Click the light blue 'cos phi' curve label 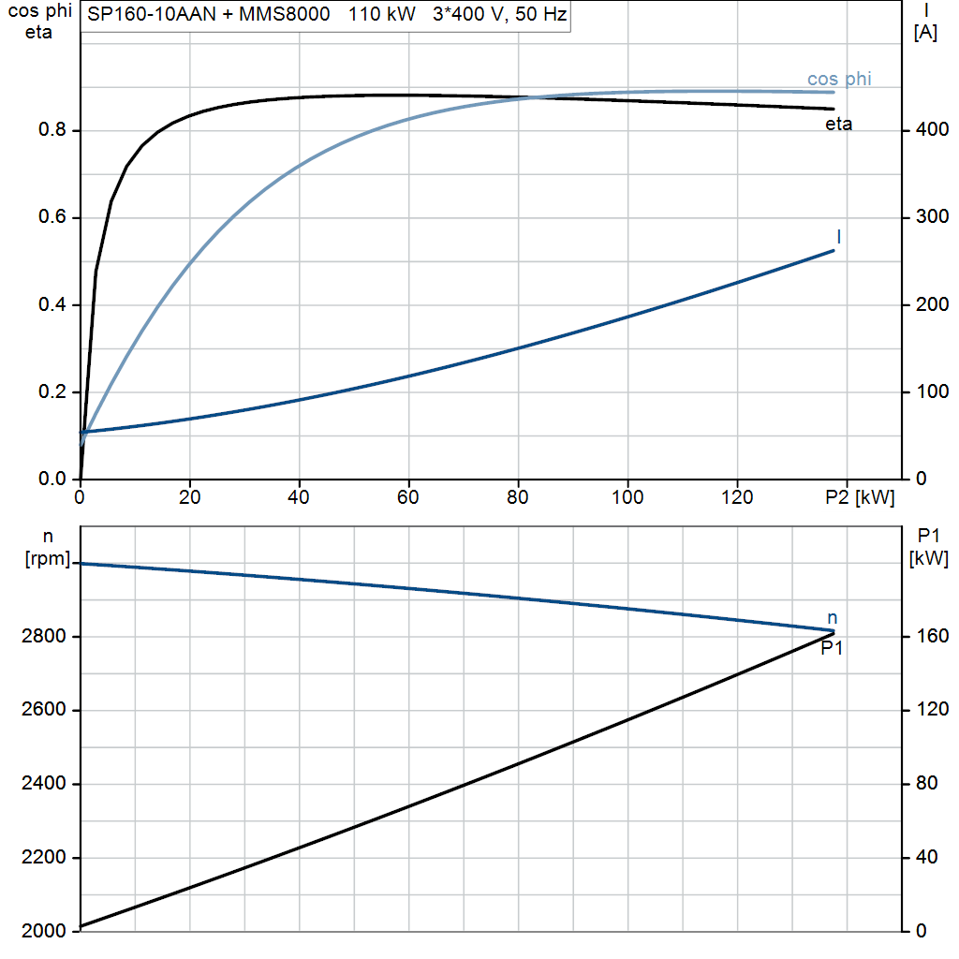coord(839,80)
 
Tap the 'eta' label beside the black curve coord(838,125)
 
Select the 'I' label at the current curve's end coord(838,237)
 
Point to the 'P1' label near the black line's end coord(832,648)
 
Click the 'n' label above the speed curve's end coord(832,618)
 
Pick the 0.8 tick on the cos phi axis coord(52,129)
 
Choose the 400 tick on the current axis coord(932,129)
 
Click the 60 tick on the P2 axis coord(408,497)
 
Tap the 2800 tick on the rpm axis coord(43,636)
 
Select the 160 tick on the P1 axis coord(932,636)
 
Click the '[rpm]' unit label coord(48,558)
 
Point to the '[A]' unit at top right coord(925,33)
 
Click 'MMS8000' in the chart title coord(285,14)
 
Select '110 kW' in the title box coord(382,14)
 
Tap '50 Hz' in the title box coord(541,14)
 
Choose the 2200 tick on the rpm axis coord(43,858)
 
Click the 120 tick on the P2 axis coord(737,497)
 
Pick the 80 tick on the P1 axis coord(926,784)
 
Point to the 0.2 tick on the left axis coord(52,391)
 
